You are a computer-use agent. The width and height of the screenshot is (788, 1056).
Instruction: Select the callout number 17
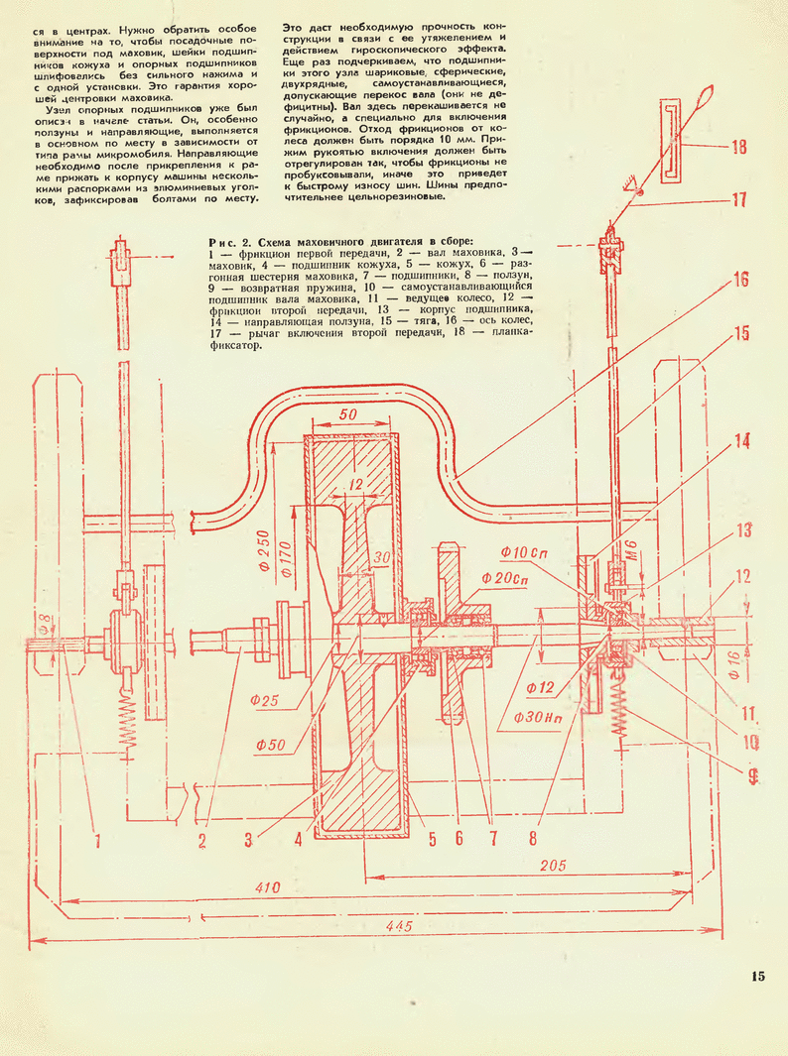point(738,199)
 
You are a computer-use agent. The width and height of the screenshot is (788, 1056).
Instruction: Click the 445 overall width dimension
point(402,926)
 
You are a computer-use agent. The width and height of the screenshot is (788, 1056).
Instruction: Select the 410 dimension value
point(266,887)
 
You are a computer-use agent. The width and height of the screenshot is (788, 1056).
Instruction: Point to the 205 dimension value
point(553,865)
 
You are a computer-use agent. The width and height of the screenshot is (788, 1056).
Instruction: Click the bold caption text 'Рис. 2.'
point(235,241)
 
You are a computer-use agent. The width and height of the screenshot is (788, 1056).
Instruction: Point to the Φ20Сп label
point(506,578)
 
